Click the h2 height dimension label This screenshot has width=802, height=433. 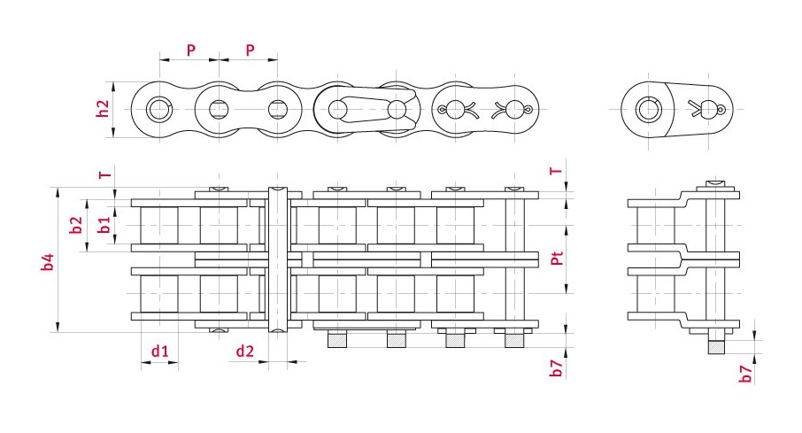point(104,109)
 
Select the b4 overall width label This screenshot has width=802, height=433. point(48,261)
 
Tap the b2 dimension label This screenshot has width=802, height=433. point(76,225)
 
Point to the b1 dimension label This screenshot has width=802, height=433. point(104,225)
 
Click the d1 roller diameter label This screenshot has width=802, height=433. point(159,352)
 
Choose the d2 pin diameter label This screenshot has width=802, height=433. point(245,352)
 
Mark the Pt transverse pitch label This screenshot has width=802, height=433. point(557,258)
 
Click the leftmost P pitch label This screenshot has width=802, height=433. point(191,50)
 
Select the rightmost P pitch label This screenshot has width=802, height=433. point(251,50)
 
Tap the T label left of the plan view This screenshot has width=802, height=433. point(104,174)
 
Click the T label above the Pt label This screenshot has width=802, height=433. point(557,171)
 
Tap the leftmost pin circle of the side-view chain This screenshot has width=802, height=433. point(159,109)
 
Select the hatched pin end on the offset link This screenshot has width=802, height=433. point(717,346)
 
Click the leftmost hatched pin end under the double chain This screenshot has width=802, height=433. point(337,340)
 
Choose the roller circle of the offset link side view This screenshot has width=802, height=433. point(649,109)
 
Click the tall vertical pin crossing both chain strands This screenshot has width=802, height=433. point(278,261)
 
